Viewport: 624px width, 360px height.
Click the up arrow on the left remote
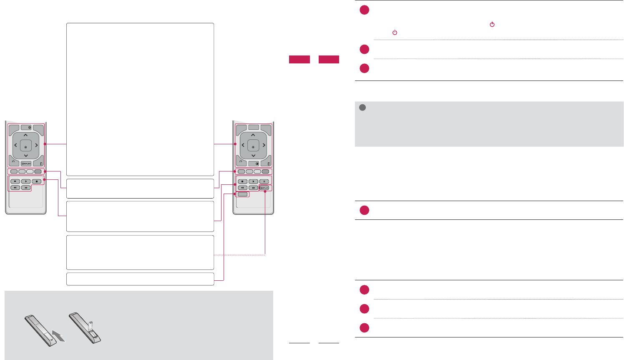[25, 135]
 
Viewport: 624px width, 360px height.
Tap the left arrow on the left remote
[15, 145]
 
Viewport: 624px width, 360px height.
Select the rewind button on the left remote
[15, 188]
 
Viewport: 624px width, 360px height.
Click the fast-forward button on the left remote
[26, 188]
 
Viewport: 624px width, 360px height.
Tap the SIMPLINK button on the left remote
[26, 164]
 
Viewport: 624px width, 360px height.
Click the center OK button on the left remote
[25, 147]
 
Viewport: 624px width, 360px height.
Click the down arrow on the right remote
[253, 156]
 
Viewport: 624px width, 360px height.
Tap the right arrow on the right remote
[264, 145]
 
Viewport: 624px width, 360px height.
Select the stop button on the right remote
[242, 181]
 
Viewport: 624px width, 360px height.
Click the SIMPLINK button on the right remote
[264, 188]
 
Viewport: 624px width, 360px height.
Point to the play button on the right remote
[253, 181]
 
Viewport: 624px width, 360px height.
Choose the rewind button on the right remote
[242, 188]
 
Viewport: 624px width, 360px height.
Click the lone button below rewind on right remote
[243, 194]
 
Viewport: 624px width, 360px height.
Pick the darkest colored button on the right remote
[265, 171]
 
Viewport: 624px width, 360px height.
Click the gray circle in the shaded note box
[362, 108]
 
